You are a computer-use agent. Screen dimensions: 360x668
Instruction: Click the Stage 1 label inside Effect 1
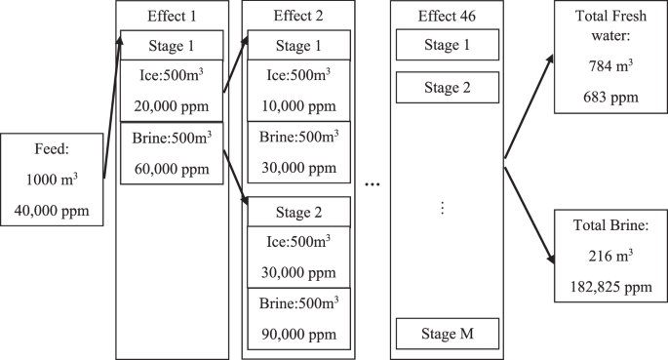(x=172, y=45)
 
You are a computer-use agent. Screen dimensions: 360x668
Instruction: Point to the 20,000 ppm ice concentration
(x=172, y=106)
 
